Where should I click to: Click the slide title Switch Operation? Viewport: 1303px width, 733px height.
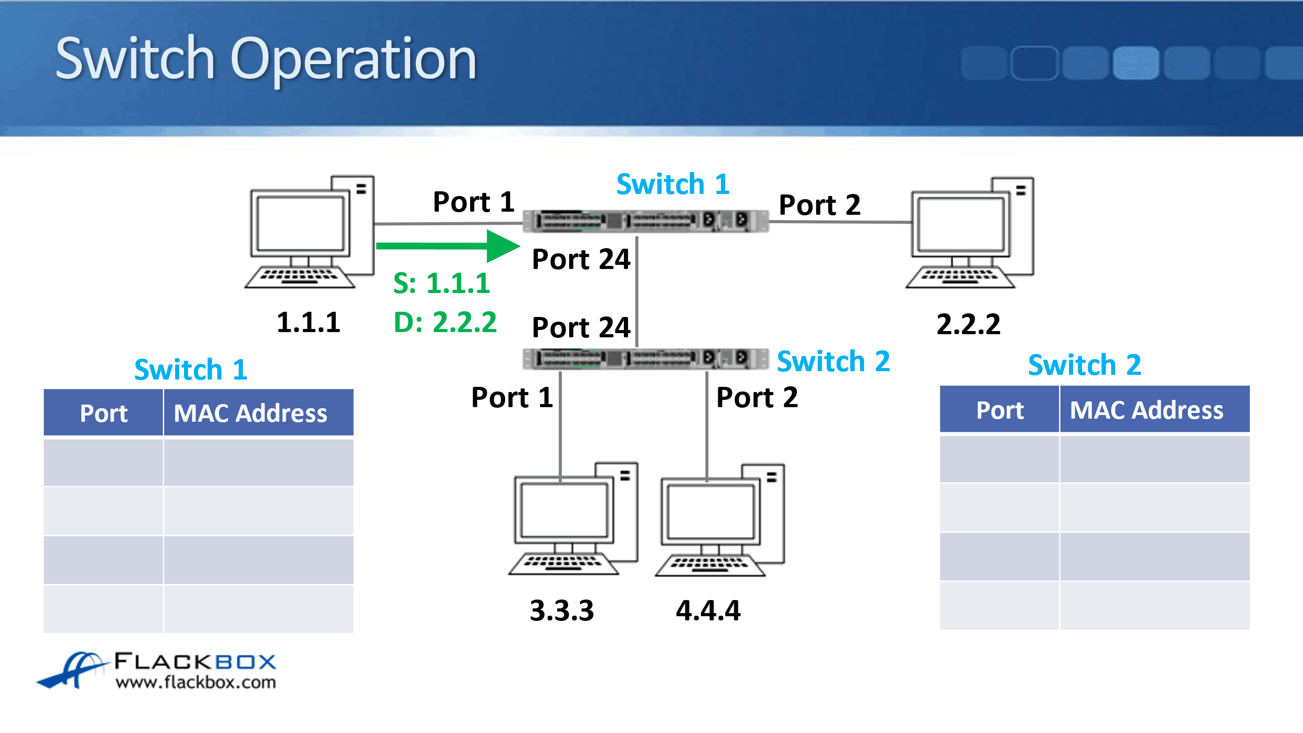(x=266, y=59)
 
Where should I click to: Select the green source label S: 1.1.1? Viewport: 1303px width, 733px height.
(x=441, y=284)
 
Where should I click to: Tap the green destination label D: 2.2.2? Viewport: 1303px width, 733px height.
(x=445, y=322)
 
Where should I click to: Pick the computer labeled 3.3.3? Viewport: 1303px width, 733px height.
(x=573, y=519)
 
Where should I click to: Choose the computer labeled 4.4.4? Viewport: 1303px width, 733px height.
(x=720, y=520)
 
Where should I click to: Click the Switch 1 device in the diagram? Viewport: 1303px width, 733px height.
(x=645, y=221)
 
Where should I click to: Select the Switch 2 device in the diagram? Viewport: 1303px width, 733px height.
(x=645, y=359)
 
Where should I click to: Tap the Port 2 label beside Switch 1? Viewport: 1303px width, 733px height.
(x=819, y=205)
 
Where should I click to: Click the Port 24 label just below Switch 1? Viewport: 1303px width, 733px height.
(x=581, y=260)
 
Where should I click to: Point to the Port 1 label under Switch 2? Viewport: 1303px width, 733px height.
(x=512, y=398)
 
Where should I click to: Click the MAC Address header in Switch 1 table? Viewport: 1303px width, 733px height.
(x=251, y=413)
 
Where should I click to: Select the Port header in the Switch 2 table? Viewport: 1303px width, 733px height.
(x=999, y=410)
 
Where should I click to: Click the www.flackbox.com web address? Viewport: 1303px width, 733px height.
(x=195, y=682)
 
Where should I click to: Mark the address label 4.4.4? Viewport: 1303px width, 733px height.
(x=708, y=610)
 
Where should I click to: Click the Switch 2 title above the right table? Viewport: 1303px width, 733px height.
(x=1084, y=365)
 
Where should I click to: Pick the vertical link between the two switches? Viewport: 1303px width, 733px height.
(x=637, y=292)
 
